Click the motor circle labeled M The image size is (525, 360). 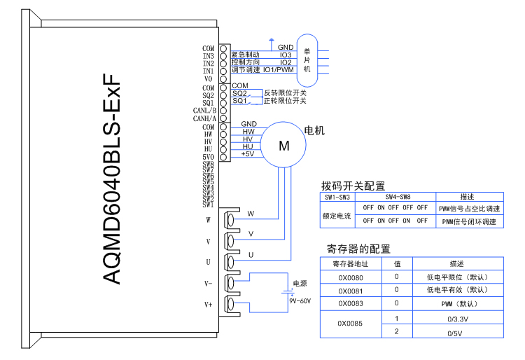click(283, 146)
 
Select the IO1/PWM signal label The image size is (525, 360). click(278, 70)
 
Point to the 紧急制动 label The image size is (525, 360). click(245, 55)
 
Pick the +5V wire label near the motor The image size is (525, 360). click(247, 154)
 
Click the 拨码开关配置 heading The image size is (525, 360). click(353, 186)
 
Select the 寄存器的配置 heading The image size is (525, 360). click(358, 249)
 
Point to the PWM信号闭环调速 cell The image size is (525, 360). click(468, 221)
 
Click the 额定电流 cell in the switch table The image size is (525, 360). click(337, 216)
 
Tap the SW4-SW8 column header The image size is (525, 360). click(395, 198)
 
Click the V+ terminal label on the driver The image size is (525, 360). click(208, 305)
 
